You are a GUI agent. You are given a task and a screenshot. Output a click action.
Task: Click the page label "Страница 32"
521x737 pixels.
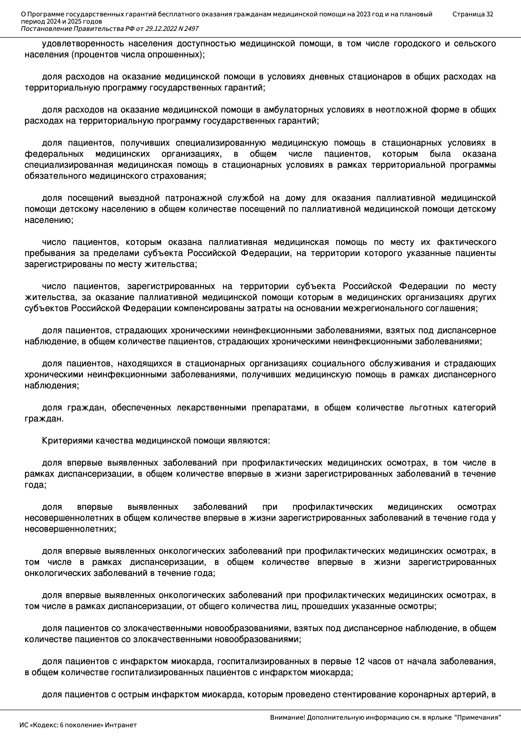click(x=472, y=14)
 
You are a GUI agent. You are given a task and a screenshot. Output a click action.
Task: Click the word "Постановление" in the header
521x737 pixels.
click(x=46, y=29)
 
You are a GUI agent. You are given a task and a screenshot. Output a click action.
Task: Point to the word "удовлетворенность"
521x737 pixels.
click(x=83, y=44)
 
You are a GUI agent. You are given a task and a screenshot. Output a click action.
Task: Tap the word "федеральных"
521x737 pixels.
click(x=54, y=154)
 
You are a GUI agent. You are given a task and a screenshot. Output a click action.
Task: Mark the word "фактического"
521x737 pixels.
click(x=466, y=242)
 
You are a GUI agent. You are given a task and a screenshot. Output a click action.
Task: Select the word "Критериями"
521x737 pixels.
click(x=67, y=441)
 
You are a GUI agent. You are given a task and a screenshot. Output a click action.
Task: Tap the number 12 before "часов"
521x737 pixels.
click(x=360, y=662)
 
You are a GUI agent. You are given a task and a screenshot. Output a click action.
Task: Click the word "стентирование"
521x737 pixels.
click(x=363, y=695)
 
